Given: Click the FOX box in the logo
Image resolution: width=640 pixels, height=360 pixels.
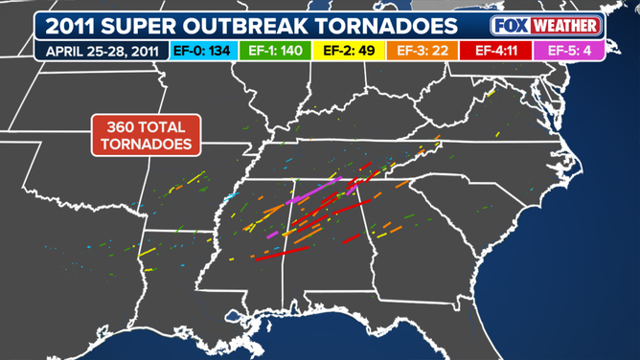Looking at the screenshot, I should tap(513, 25).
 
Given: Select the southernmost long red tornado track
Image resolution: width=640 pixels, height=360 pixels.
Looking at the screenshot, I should tap(282, 253).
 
